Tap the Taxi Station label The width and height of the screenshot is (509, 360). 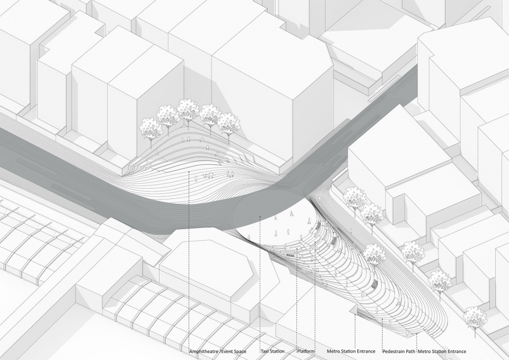273,352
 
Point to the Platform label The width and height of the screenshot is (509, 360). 306,352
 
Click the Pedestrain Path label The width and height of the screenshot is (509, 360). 399,352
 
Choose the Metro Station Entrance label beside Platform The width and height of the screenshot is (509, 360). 351,352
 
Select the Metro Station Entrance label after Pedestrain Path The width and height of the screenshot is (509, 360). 442,352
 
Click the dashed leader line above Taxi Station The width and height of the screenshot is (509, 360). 260,283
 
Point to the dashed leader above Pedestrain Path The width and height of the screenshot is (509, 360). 383,333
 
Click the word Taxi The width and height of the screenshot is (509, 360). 266,352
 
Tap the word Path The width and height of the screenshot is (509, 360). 410,352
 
